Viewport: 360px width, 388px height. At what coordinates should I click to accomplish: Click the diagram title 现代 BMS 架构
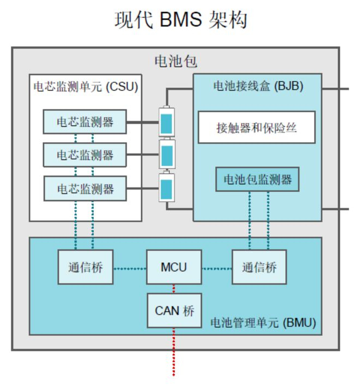tap(181, 20)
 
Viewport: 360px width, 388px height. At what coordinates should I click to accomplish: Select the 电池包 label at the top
tap(176, 61)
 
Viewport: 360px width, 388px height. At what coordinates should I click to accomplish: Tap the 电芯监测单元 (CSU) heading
tap(86, 87)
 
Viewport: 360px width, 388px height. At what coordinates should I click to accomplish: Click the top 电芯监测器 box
tap(85, 122)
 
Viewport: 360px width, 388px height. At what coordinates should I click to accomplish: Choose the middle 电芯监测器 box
tap(85, 155)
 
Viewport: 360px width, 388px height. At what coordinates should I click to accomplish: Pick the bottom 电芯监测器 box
tap(85, 189)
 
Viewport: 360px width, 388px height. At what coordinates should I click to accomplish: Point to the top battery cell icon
tap(166, 123)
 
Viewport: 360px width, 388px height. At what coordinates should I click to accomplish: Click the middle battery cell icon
tap(166, 155)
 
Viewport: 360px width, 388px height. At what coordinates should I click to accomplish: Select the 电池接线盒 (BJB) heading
tap(257, 86)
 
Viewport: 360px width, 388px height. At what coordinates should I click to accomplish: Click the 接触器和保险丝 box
tap(256, 128)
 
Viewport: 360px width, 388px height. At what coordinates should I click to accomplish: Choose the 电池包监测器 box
tap(257, 179)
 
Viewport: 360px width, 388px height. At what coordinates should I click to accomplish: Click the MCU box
tap(174, 267)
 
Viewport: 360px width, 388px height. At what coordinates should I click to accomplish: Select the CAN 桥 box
tap(174, 311)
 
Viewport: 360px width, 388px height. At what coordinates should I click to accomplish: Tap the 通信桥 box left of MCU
tap(86, 267)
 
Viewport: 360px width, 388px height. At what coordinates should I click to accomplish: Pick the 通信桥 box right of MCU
tap(259, 267)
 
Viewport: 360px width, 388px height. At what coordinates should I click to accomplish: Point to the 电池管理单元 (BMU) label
tap(263, 323)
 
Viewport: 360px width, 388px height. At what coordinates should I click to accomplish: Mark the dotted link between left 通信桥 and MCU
tap(130, 268)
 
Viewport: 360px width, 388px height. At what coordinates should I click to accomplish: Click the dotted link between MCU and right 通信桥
tap(217, 268)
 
